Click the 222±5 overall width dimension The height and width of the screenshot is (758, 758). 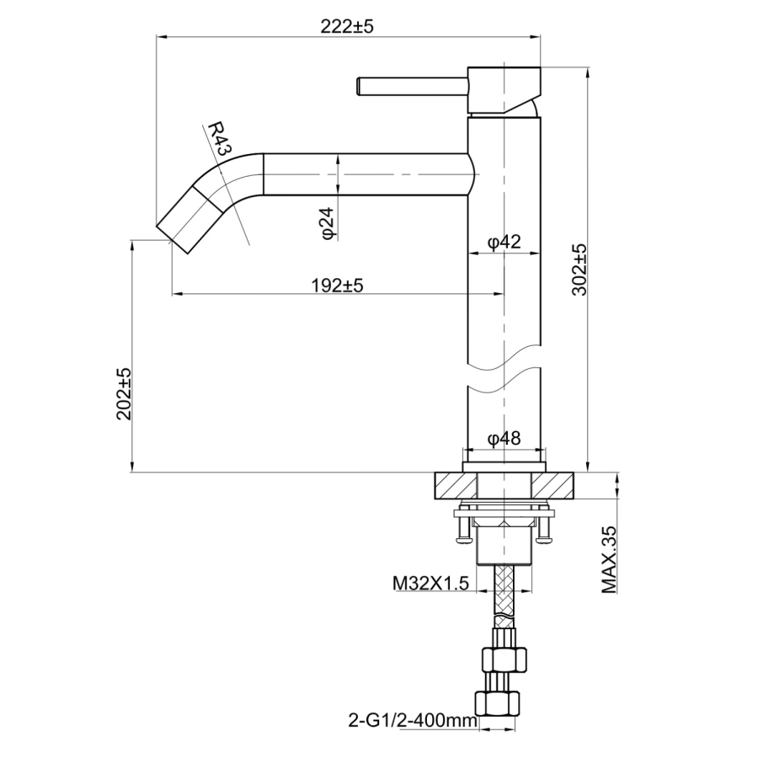click(x=346, y=27)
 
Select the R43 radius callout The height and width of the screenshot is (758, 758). click(x=219, y=138)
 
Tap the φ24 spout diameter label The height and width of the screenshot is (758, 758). click(x=328, y=222)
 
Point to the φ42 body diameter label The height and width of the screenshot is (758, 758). click(x=504, y=243)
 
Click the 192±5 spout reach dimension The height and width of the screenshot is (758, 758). click(x=336, y=285)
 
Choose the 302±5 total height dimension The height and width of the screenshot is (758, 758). click(x=579, y=270)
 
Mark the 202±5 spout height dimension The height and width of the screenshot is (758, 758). click(x=124, y=394)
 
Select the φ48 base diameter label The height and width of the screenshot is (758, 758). click(x=504, y=438)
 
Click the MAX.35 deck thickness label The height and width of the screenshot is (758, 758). click(x=611, y=560)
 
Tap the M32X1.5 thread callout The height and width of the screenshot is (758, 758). click(x=430, y=583)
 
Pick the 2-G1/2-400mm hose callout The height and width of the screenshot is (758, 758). click(x=412, y=720)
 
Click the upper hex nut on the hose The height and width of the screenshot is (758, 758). click(x=503, y=659)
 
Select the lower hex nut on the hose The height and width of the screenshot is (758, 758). click(x=503, y=702)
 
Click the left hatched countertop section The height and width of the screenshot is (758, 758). click(x=455, y=485)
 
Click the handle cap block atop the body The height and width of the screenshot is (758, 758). click(x=503, y=88)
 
